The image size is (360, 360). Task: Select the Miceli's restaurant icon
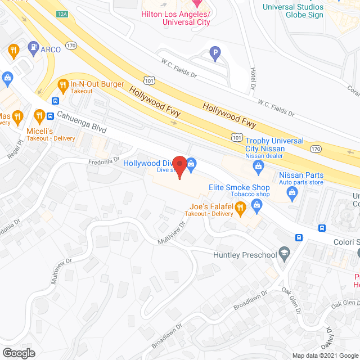pyautogui.click(x=39, y=116)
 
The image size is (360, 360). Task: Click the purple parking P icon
pyautogui.click(x=214, y=55)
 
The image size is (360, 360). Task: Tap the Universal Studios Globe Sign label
pyautogui.click(x=293, y=11)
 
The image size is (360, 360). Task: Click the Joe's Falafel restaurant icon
pyautogui.click(x=240, y=209)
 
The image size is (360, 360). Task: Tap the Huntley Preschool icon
pyautogui.click(x=285, y=253)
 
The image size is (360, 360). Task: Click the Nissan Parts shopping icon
pyautogui.click(x=292, y=193)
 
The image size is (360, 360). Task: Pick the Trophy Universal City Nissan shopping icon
pyautogui.click(x=259, y=165)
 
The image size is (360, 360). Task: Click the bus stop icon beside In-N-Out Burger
pyautogui.click(x=55, y=101)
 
